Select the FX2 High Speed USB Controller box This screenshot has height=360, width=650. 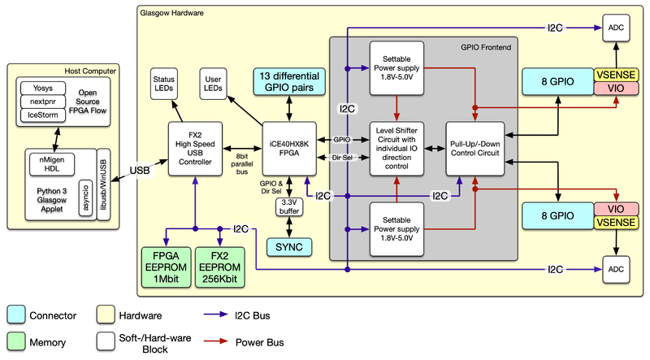[195, 150]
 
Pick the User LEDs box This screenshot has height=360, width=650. [213, 82]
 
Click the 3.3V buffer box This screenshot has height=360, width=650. [289, 206]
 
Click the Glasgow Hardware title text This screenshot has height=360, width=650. [172, 14]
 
